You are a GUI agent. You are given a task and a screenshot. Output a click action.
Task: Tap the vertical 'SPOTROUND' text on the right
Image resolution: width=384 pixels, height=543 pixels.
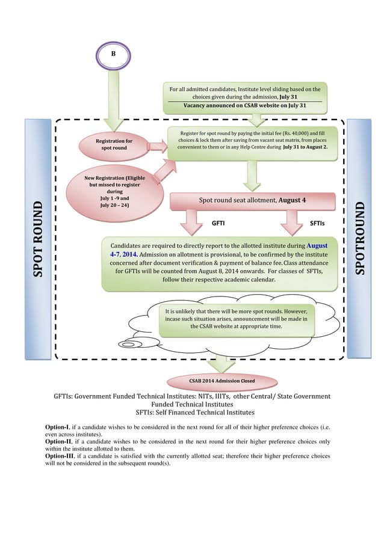[x=361, y=238]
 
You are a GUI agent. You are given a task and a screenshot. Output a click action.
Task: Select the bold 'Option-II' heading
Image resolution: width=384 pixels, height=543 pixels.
[x=60, y=441]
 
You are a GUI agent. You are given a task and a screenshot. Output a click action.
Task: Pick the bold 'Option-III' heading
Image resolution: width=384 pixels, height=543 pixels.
[x=61, y=456]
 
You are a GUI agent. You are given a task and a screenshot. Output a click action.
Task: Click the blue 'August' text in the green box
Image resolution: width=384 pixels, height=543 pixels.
[x=317, y=246]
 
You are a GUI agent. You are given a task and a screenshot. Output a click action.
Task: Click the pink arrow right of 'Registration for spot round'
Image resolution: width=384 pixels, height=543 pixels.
[x=157, y=145]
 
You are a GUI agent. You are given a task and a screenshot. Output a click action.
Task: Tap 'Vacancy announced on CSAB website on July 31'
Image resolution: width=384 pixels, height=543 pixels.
[x=245, y=105]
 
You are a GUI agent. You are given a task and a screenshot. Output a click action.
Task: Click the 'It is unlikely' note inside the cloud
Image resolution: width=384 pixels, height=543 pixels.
[x=240, y=318]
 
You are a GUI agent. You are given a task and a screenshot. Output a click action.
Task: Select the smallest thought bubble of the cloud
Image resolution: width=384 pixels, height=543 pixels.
[x=129, y=344]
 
